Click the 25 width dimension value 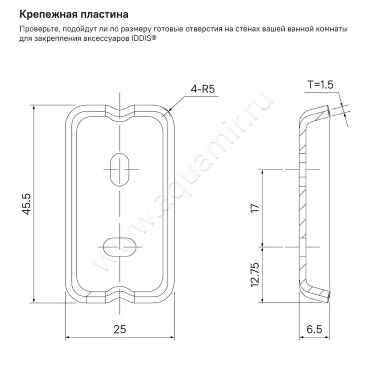coord(120,329)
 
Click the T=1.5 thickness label coord(321,85)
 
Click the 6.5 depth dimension coord(315,329)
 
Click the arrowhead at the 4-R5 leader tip coord(170,110)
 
